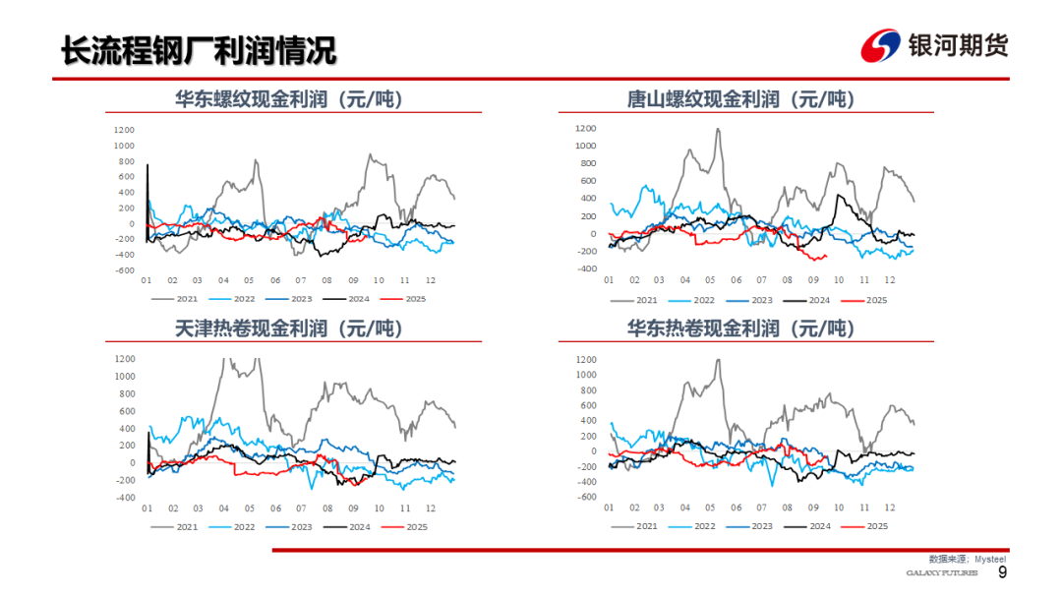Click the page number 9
[x=1002, y=572]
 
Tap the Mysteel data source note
[x=969, y=558]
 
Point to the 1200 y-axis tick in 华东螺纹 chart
[x=124, y=130]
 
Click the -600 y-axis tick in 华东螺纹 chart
[x=124, y=270]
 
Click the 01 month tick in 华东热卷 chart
[x=609, y=507]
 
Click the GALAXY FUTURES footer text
[x=941, y=573]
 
